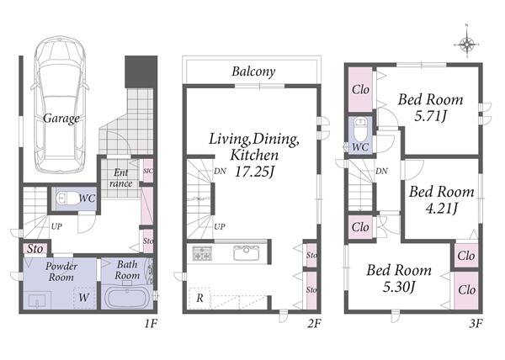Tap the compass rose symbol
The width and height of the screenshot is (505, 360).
pos(467,44)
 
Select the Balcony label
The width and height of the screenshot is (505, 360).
pos(253,71)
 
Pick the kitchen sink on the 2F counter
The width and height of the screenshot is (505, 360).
pos(247,253)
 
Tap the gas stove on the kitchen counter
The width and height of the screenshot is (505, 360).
pos(202,253)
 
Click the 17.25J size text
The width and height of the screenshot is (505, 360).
pos(254,172)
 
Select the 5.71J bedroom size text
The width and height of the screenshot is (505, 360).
pos(431,116)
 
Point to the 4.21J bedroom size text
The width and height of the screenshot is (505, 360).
pos(442,209)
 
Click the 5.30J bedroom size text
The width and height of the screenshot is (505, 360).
pos(399,286)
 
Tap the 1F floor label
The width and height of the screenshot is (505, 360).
pos(151,323)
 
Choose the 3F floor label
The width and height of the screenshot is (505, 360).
pos(476,323)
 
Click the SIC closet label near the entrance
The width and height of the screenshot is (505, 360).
pos(148,172)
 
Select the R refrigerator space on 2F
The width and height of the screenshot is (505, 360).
pos(199,299)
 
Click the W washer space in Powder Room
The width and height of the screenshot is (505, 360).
pos(84,298)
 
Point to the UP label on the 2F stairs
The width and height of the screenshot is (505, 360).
pos(220,226)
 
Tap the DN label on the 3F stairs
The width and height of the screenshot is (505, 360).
pos(381,171)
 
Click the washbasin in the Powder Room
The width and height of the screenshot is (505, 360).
pos(38,301)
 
